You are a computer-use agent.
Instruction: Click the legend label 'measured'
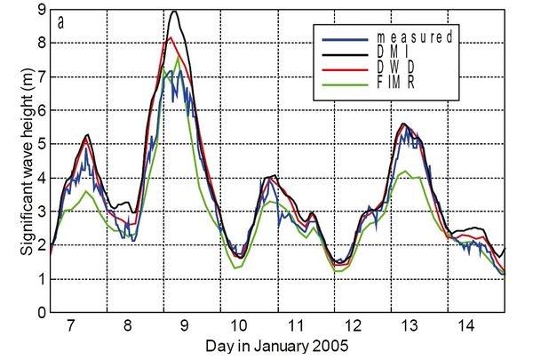click(x=413, y=37)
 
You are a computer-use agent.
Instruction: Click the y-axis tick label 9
click(x=40, y=10)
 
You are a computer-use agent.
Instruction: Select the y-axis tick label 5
click(x=40, y=144)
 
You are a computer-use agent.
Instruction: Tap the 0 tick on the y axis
click(x=40, y=313)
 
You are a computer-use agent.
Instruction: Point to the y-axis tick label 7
click(x=40, y=77)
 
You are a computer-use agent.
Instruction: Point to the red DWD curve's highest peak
click(x=171, y=38)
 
